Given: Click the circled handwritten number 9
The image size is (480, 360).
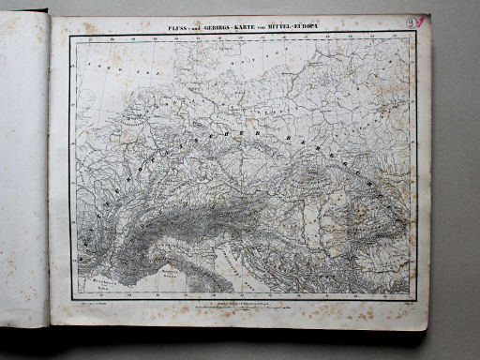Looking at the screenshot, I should click(x=412, y=20).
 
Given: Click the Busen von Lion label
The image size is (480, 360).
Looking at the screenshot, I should click(x=94, y=284).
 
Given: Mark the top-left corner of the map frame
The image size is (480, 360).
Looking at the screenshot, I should click(x=70, y=36).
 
